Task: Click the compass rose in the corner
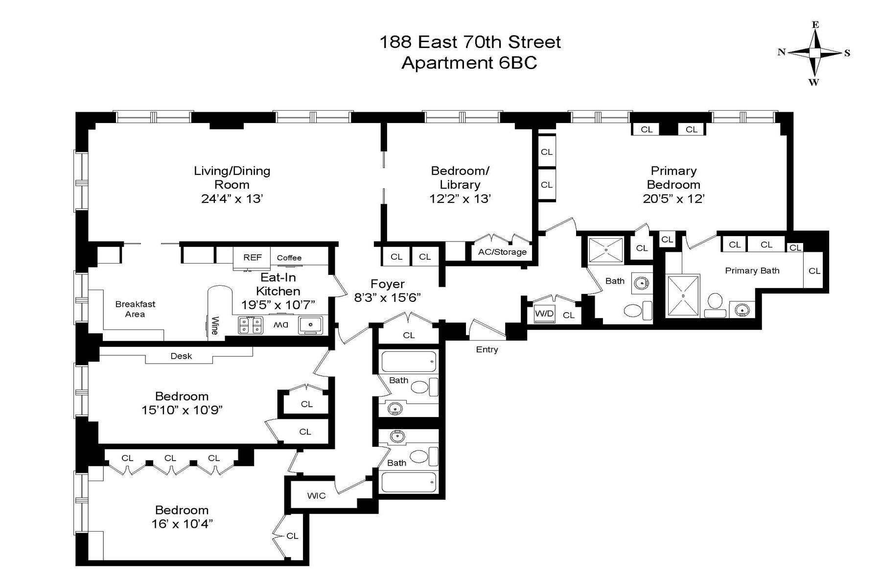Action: (x=814, y=53)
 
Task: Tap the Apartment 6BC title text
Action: (x=469, y=63)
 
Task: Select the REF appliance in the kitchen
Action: (x=253, y=257)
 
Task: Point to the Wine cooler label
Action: (x=214, y=326)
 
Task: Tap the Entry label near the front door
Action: (x=487, y=349)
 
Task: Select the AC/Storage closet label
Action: (x=502, y=252)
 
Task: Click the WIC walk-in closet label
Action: (x=316, y=495)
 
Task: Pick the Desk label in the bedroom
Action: (x=181, y=356)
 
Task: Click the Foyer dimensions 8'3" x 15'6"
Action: (x=387, y=297)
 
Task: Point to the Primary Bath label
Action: (x=752, y=270)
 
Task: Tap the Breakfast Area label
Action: (x=135, y=309)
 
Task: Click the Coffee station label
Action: (x=289, y=258)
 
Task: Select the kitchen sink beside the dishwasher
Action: (x=310, y=325)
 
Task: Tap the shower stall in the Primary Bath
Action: (x=683, y=296)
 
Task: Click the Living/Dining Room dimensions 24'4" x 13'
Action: (x=232, y=198)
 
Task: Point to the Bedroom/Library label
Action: (x=460, y=177)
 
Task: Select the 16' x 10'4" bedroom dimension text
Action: (x=182, y=524)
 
